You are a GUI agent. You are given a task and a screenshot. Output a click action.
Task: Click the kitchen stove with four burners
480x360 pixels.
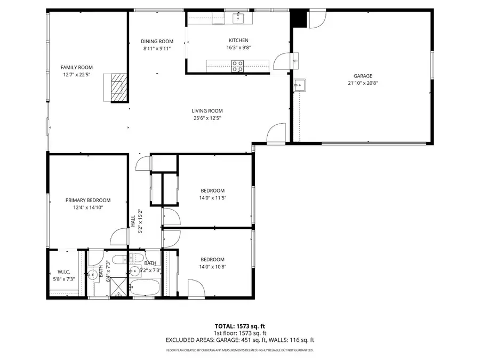tap(237, 66)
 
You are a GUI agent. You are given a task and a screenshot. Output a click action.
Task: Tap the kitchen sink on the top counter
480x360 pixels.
tap(238, 19)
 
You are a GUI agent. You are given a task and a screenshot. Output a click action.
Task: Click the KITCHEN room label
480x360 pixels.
tap(238, 41)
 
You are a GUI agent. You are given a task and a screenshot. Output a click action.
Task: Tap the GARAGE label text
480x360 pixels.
tap(363, 76)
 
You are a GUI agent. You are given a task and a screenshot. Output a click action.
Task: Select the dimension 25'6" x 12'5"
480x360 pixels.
tap(207, 118)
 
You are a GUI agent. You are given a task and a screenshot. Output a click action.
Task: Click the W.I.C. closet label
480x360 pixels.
tap(63, 272)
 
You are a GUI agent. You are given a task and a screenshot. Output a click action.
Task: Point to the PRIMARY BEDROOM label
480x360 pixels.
tap(88, 200)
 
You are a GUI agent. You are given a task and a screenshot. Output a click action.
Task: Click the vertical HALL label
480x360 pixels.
tap(133, 220)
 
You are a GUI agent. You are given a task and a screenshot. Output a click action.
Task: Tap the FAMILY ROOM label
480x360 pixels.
tap(76, 67)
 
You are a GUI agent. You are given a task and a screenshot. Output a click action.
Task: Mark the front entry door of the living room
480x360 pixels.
tap(276, 133)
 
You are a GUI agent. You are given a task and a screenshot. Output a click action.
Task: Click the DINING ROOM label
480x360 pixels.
tap(157, 42)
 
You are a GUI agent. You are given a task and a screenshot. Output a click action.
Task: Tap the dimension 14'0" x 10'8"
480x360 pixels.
tap(212, 267)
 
